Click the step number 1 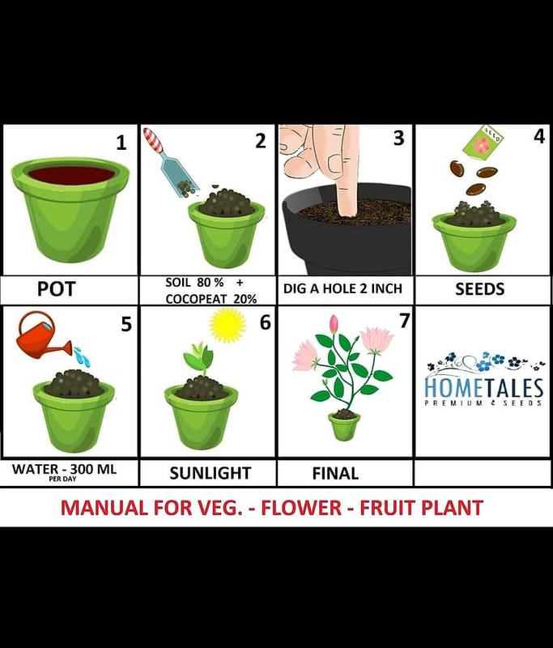pos(121,143)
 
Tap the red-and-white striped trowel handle pos(153,139)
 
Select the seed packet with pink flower pos(483,143)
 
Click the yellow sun pos(228,325)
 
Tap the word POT pos(56,289)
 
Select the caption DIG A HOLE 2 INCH pos(342,288)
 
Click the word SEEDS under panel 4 pos(480,289)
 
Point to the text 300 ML pos(93,469)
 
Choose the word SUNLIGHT pos(211,473)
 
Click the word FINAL pos(335,474)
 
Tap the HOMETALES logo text pos(483,389)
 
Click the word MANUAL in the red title pos(104,508)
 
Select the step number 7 pos(404,321)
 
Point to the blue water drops pos(83,356)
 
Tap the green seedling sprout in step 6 pos(198,358)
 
